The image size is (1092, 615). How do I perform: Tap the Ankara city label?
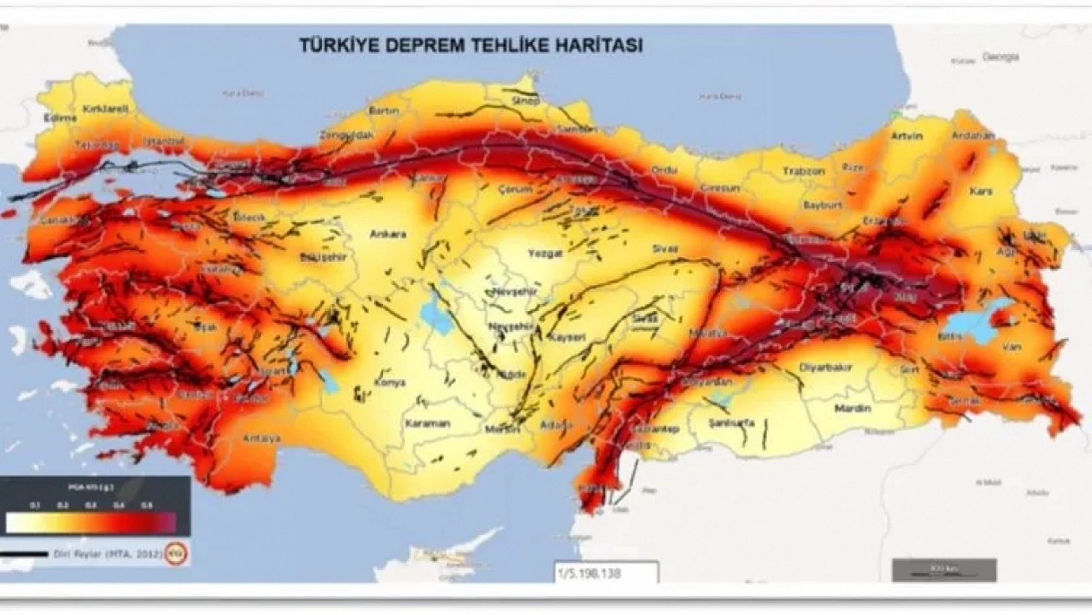388,234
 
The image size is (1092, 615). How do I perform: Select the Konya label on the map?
390,382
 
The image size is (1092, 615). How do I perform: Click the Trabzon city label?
803,171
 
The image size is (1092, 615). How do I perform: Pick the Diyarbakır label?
825,368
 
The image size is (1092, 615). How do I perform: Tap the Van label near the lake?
1011,347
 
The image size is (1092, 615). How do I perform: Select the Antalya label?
262,439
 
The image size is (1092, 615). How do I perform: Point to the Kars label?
981,192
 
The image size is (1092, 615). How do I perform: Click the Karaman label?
427,423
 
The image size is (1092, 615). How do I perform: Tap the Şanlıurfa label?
732,422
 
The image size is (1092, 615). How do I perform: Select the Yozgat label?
544,253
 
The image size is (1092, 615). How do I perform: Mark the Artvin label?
907,136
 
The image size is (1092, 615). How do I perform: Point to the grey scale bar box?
944,570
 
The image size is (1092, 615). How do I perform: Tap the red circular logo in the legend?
177,553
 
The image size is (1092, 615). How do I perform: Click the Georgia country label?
1000,57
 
